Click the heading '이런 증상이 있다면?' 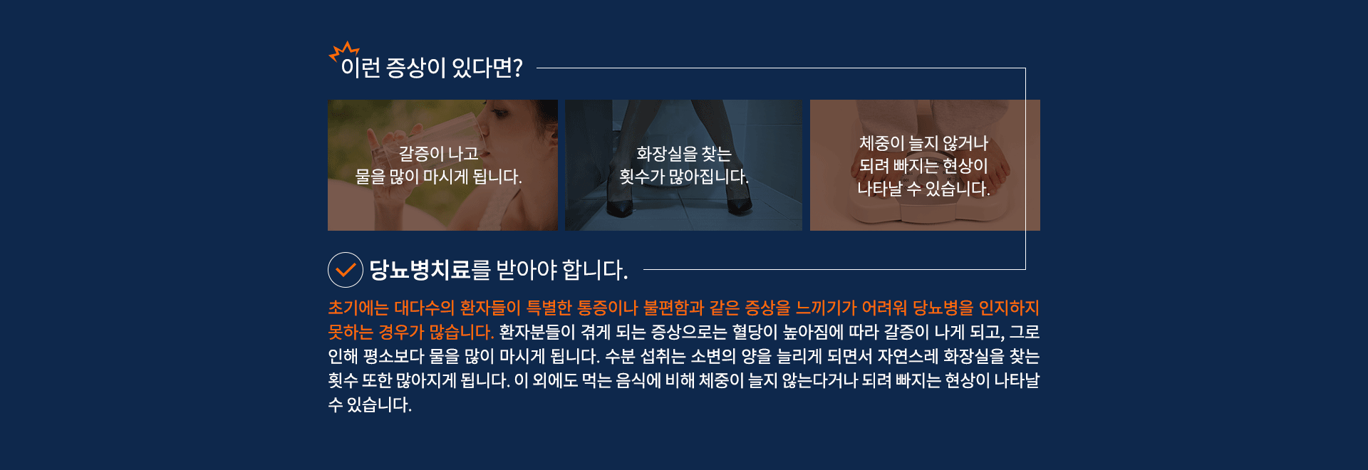[x=432, y=68]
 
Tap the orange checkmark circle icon [x=346, y=270]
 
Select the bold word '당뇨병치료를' [x=430, y=270]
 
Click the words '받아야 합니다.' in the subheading [x=562, y=270]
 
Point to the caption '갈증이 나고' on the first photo [x=439, y=153]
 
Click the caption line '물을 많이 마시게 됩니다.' [x=439, y=177]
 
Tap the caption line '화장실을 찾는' [x=684, y=153]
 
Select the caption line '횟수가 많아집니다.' [x=684, y=177]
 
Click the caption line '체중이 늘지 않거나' [x=924, y=143]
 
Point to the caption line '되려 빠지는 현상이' [x=924, y=166]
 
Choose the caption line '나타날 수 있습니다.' [x=924, y=189]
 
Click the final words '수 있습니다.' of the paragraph [x=370, y=404]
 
